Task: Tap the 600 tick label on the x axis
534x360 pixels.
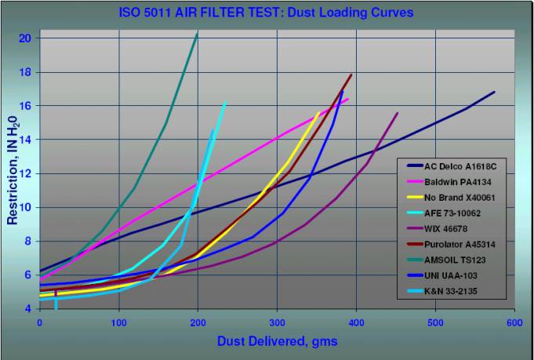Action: tap(514, 323)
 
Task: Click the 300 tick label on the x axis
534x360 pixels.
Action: tap(277, 323)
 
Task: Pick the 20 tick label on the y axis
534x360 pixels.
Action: tap(25, 38)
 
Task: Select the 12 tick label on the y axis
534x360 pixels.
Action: tap(25, 173)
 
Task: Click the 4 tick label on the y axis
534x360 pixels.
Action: tap(28, 309)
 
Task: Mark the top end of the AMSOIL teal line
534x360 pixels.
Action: tap(197, 34)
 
